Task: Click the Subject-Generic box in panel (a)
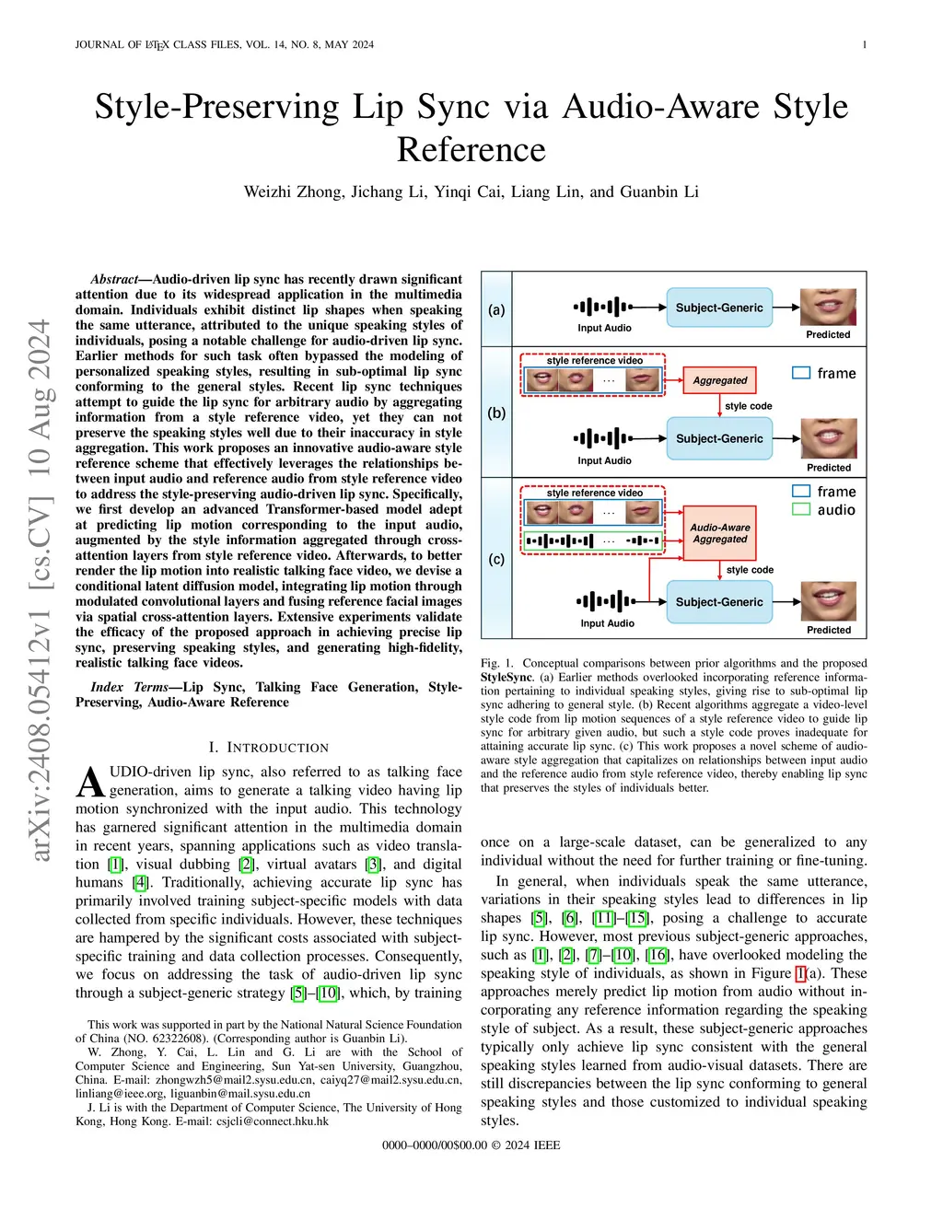(719, 308)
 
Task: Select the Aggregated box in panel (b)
(720, 380)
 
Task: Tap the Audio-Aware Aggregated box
(720, 533)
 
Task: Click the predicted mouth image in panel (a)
(828, 307)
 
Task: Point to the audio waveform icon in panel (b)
(603, 438)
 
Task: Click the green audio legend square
(801, 509)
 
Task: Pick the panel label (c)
(496, 559)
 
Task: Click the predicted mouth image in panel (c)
(829, 601)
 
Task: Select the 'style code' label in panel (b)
(748, 406)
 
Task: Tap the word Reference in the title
(471, 150)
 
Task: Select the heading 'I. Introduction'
(268, 748)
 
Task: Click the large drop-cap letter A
(90, 783)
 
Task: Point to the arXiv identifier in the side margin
(40, 589)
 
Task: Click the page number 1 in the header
(865, 44)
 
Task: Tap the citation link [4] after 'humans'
(140, 882)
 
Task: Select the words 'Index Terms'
(129, 687)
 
